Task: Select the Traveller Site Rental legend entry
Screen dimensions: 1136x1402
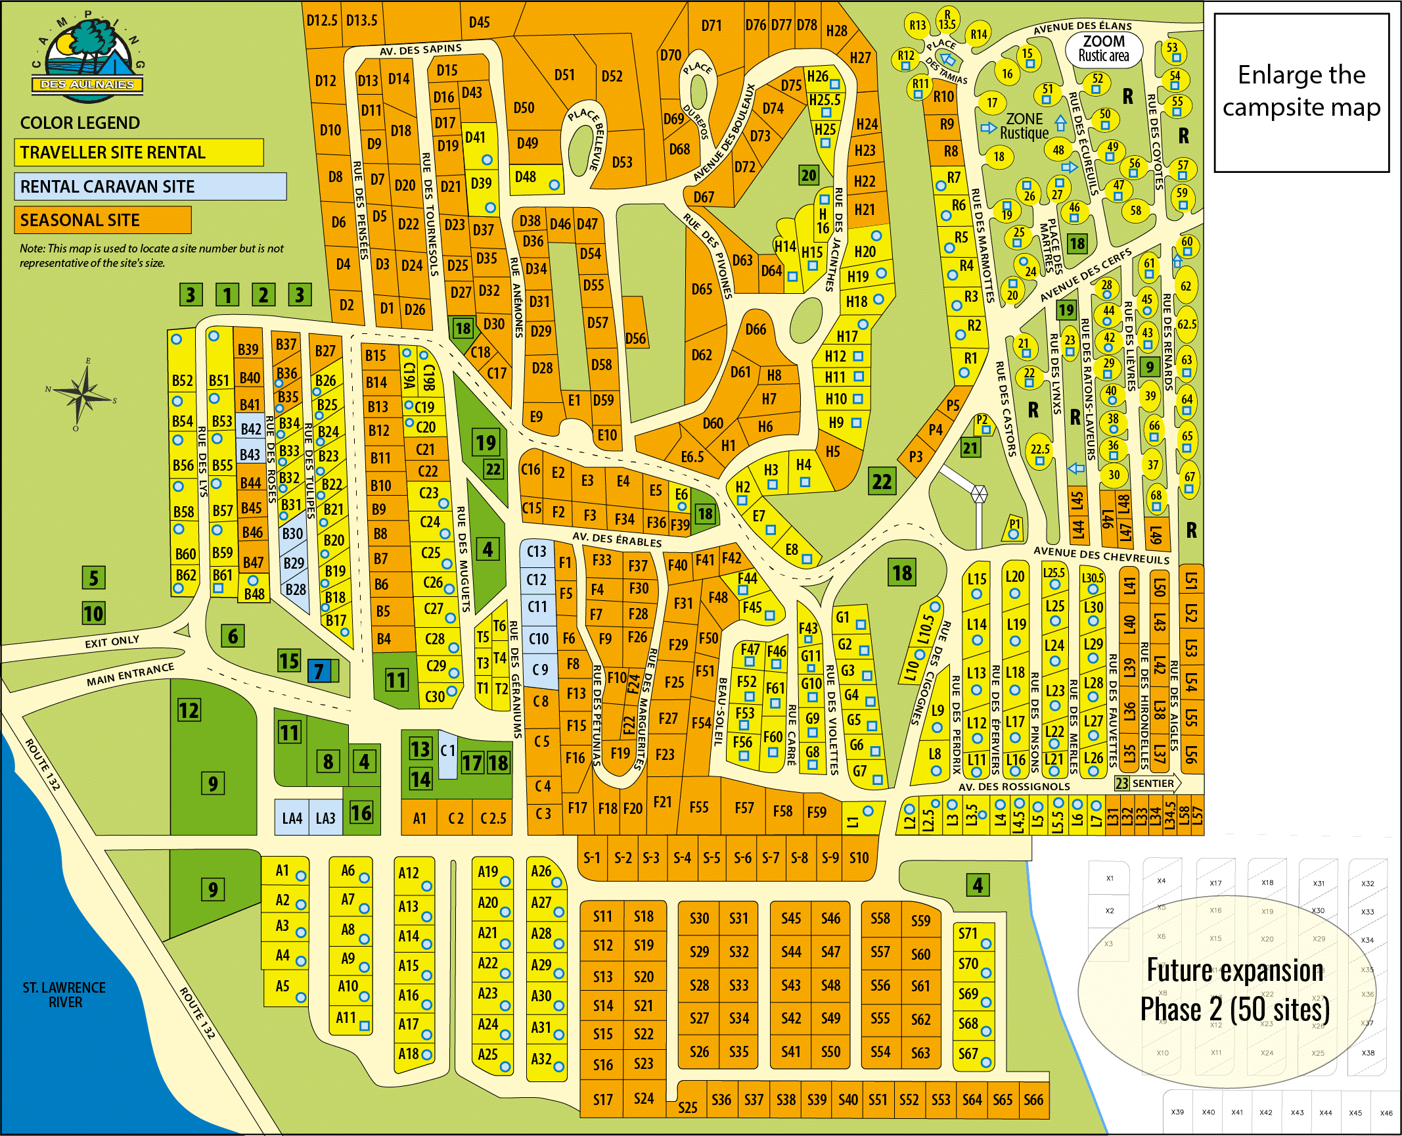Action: point(139,153)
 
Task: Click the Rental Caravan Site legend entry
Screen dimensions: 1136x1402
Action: point(150,187)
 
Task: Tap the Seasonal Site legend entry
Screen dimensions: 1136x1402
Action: point(102,220)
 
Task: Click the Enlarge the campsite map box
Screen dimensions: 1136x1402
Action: point(1301,92)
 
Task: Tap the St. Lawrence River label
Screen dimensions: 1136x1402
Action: point(64,995)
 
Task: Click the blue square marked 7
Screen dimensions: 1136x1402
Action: point(319,671)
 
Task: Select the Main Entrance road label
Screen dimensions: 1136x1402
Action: point(130,675)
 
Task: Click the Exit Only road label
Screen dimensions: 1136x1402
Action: point(112,641)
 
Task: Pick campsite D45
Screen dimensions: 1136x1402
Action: point(479,22)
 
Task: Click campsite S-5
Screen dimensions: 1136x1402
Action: point(712,858)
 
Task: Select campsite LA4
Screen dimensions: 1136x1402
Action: point(292,818)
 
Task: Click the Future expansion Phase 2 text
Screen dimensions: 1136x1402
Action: point(1235,990)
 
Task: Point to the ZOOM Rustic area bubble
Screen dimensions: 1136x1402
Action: point(1104,49)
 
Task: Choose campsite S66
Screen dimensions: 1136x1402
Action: point(1033,1100)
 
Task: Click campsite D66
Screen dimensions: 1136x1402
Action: point(756,329)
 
